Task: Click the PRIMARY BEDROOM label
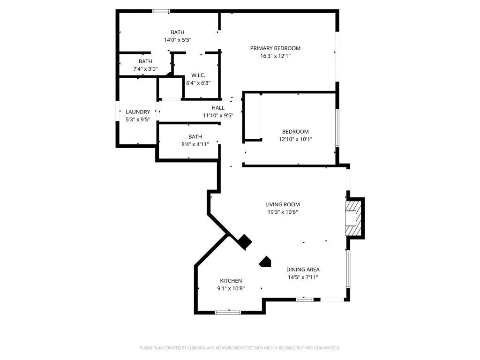[x=275, y=48]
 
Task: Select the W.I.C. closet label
[x=198, y=75]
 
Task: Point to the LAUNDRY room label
[x=138, y=112]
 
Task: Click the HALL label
[x=217, y=108]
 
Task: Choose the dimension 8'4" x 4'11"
[x=195, y=144]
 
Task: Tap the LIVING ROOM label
[x=282, y=204]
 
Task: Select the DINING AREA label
[x=303, y=270]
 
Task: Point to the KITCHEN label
[x=231, y=281]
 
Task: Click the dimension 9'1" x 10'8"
[x=231, y=288]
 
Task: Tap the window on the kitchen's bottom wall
[x=228, y=312]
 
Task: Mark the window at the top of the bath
[x=161, y=11]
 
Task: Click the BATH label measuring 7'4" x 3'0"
[x=145, y=61]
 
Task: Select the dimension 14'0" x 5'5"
[x=177, y=40]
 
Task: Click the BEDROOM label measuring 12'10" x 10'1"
[x=295, y=132]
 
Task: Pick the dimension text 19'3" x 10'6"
[x=282, y=212]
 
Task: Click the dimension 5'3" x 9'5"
[x=138, y=120]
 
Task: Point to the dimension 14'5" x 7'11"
[x=303, y=277]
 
